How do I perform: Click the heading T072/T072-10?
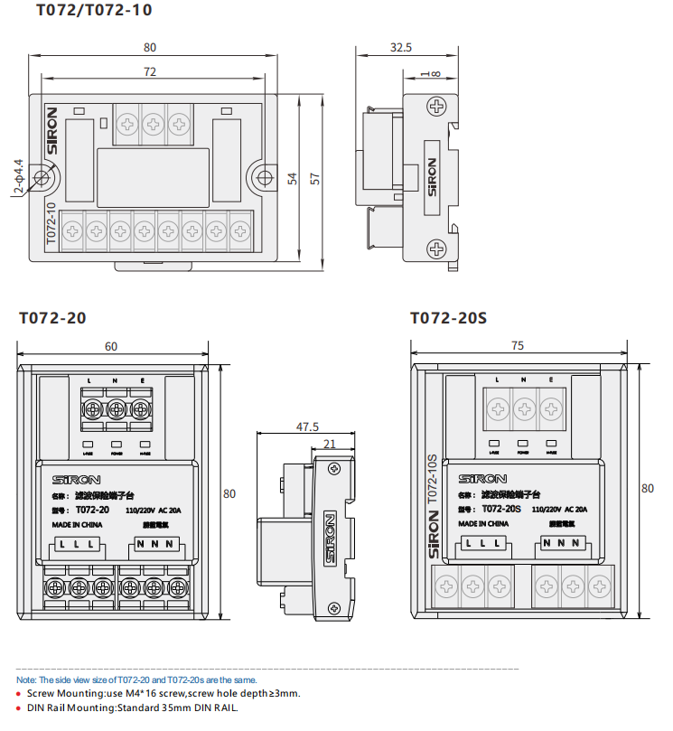pyautogui.click(x=94, y=11)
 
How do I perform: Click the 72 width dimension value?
pyautogui.click(x=150, y=71)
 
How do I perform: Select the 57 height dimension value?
pyautogui.click(x=315, y=178)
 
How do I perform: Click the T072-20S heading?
pyautogui.click(x=448, y=318)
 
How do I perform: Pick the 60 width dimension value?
pyautogui.click(x=111, y=346)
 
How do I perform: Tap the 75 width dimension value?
pyautogui.click(x=518, y=346)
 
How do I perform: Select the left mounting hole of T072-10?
pyautogui.click(x=42, y=176)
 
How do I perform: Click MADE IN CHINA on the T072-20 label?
pyautogui.click(x=76, y=524)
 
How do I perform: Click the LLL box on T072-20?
pyautogui.click(x=78, y=544)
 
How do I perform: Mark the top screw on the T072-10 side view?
pyautogui.click(x=437, y=107)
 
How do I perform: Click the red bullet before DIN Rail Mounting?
pyautogui.click(x=20, y=708)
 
